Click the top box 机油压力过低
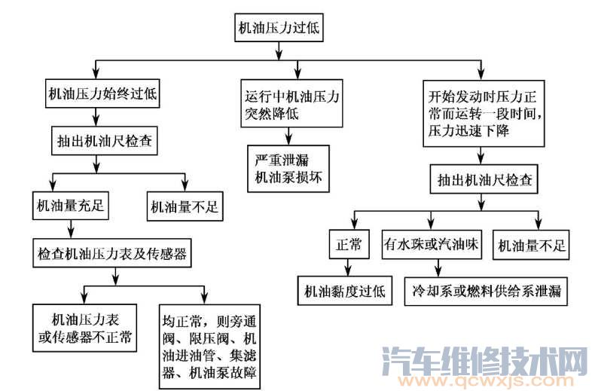point(280,29)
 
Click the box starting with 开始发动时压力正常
point(484,111)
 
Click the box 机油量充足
point(69,204)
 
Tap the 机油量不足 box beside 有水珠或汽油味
point(531,245)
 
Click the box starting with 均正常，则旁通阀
point(210,344)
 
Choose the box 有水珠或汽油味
point(432,245)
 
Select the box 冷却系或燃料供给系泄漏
point(484,290)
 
